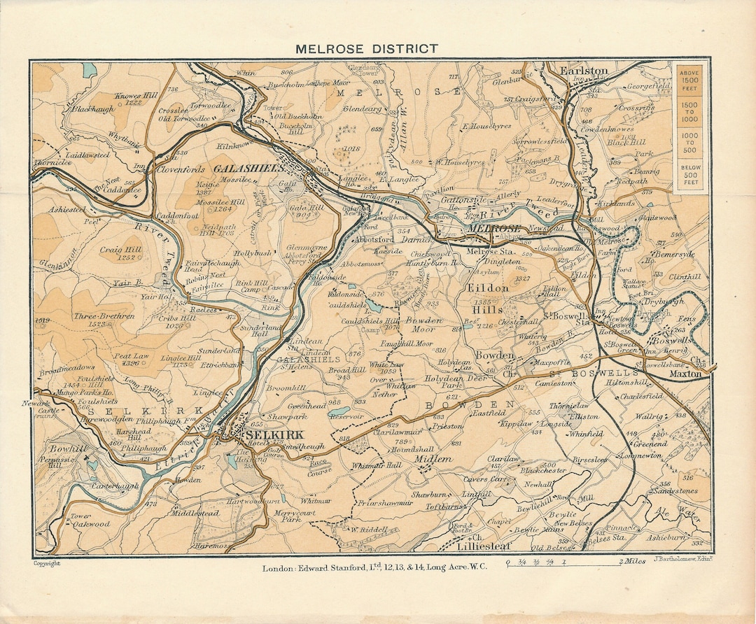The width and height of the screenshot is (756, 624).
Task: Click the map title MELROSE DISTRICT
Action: [366, 49]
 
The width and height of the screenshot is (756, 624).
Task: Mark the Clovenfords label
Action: [180, 169]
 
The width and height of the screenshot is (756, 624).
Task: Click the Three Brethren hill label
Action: [104, 316]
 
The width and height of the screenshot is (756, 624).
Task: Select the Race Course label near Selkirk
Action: [318, 467]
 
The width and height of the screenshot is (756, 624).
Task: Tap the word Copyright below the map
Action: [46, 562]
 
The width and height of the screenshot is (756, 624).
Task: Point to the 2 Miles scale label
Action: [632, 562]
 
